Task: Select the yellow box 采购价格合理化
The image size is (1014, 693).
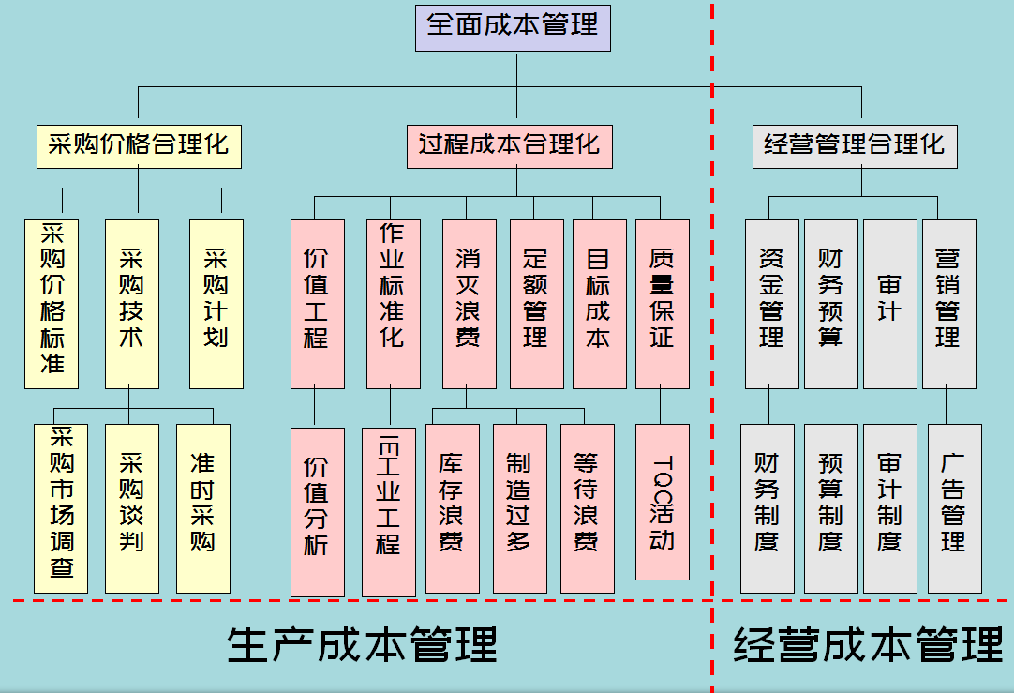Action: (x=139, y=146)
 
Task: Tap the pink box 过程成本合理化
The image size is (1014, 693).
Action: (x=510, y=146)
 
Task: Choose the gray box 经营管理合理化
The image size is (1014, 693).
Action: (x=855, y=146)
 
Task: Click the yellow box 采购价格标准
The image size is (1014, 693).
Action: (x=52, y=304)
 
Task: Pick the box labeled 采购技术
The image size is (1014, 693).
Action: (x=132, y=304)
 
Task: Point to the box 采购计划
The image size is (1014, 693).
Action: (x=216, y=304)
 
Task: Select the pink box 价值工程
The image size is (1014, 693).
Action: (x=318, y=304)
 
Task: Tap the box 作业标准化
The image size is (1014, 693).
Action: (x=393, y=304)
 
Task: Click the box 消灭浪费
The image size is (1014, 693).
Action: (x=469, y=304)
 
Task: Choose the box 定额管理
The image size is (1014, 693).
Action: (x=536, y=304)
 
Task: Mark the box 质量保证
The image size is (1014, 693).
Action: (x=663, y=304)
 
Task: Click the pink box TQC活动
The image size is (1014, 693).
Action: (x=663, y=502)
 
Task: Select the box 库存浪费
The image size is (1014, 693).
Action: (x=452, y=508)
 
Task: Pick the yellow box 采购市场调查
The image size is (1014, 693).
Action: (x=61, y=508)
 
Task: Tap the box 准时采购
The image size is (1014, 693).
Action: (x=203, y=508)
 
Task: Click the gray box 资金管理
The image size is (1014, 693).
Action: (x=772, y=304)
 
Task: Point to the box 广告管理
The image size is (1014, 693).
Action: (x=955, y=508)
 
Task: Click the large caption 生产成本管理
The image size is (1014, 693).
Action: (x=362, y=645)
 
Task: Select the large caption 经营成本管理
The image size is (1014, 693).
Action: (x=868, y=645)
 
